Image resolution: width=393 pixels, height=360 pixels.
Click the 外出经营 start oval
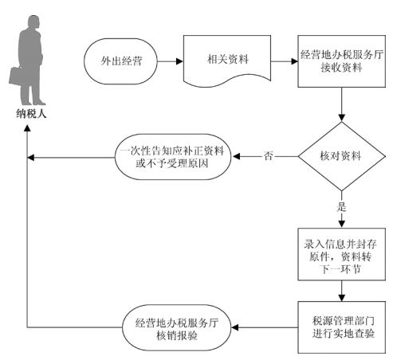click(x=120, y=61)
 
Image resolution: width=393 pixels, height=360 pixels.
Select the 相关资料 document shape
click(x=227, y=61)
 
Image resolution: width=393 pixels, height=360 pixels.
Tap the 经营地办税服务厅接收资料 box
click(x=341, y=61)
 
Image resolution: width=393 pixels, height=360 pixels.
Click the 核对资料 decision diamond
click(x=341, y=156)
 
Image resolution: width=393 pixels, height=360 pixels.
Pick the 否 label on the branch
click(x=268, y=156)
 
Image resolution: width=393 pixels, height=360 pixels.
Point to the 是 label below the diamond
click(x=341, y=207)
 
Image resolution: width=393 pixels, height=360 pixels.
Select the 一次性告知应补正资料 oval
click(x=173, y=157)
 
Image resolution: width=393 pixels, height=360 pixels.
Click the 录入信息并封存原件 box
click(x=341, y=254)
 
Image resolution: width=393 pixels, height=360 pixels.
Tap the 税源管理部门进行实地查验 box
click(x=341, y=327)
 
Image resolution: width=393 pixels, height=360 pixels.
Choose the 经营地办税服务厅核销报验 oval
click(x=177, y=327)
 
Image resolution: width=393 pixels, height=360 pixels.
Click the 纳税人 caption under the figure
click(x=31, y=114)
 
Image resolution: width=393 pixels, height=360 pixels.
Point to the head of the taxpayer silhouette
click(x=33, y=22)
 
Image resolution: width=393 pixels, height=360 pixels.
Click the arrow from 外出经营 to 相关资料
click(x=171, y=61)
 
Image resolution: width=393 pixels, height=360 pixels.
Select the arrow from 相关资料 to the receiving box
click(x=285, y=61)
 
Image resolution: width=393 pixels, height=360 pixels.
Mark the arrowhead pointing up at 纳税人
click(x=27, y=128)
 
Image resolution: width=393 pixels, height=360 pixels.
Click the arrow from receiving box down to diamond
click(x=341, y=104)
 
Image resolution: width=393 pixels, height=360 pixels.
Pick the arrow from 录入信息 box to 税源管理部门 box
click(x=341, y=291)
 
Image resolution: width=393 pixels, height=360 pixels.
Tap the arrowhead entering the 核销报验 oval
click(x=235, y=327)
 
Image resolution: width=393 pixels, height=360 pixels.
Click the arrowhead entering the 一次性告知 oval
click(x=236, y=156)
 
